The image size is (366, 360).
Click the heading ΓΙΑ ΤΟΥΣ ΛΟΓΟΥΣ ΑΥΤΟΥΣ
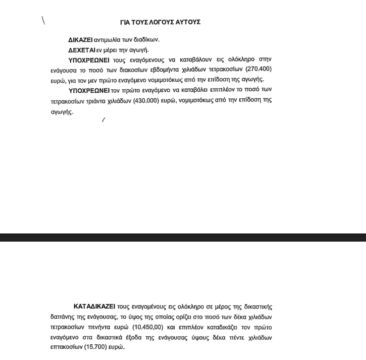tap(160, 22)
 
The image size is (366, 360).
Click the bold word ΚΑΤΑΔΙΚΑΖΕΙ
tap(94, 306)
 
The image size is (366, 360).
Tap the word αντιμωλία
tap(108, 40)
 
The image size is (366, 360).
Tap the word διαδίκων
tap(146, 40)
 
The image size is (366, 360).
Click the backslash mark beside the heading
tap(43, 20)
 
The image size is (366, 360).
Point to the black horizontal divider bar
tap(183, 237)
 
